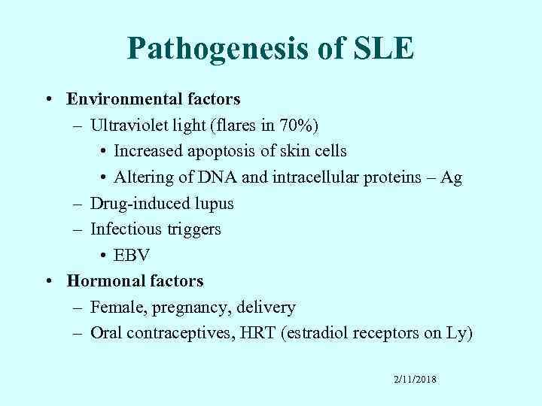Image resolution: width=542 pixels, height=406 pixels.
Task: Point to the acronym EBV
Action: [x=132, y=255]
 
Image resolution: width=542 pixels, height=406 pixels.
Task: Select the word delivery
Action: [x=268, y=307]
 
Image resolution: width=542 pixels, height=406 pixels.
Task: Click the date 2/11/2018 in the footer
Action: [x=415, y=380]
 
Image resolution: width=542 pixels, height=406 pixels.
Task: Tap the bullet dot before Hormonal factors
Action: [x=48, y=281]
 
